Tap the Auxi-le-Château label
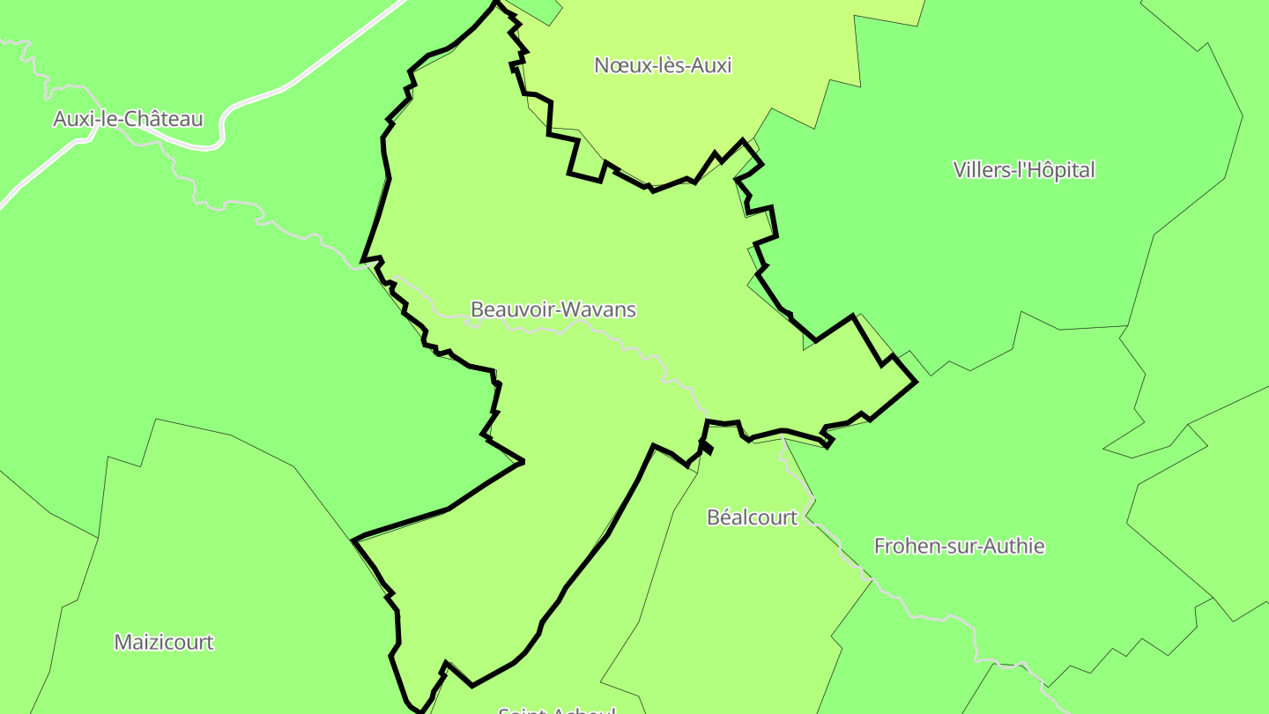pos(128,119)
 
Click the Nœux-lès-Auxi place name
pos(663,65)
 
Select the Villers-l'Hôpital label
pos(1023,170)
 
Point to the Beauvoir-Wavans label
pos(553,309)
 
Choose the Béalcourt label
pos(752,517)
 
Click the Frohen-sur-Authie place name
pos(959,547)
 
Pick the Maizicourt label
pos(164,642)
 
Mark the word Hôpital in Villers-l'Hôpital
pos(1059,170)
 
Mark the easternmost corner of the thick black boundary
pos(916,382)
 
